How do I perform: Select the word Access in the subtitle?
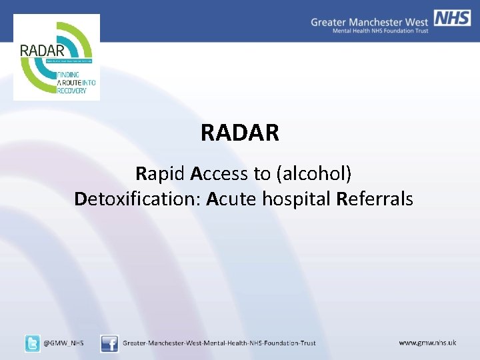(x=219, y=174)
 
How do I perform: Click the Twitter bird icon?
(x=32, y=343)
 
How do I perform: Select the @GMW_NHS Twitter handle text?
(x=64, y=343)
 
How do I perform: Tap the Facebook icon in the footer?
(x=109, y=343)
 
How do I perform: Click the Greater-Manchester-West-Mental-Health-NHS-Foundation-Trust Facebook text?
(x=219, y=343)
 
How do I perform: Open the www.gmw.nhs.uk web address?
(x=427, y=343)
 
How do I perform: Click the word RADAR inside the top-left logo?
(x=42, y=51)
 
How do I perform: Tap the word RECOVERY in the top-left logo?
(x=72, y=90)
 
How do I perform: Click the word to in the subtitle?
(x=261, y=174)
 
